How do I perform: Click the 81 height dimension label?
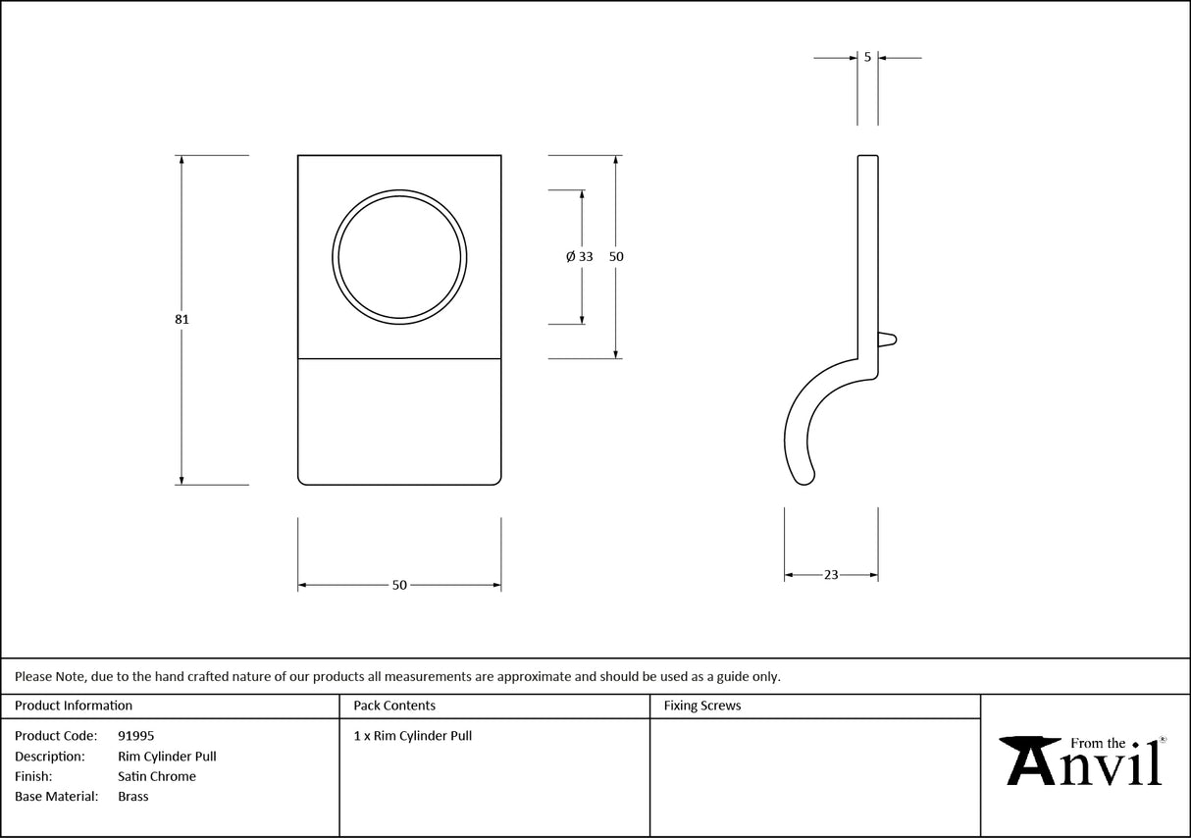click(181, 319)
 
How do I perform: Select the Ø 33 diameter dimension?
click(580, 256)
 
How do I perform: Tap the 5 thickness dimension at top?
click(867, 58)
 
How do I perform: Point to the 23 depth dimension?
click(831, 575)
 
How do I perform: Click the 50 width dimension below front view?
click(399, 586)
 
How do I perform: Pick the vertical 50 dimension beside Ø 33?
click(616, 256)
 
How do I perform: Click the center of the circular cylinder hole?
click(399, 256)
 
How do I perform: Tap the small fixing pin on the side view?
click(887, 340)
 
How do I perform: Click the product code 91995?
click(135, 736)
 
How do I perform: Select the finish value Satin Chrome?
click(157, 776)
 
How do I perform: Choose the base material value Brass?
click(133, 797)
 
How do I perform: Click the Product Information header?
click(74, 706)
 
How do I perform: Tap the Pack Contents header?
click(394, 706)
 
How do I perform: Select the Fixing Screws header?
click(702, 706)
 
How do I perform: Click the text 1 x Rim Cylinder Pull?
click(413, 736)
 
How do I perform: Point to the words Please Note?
click(49, 676)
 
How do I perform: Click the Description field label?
click(49, 757)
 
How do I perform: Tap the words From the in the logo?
click(1098, 744)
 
